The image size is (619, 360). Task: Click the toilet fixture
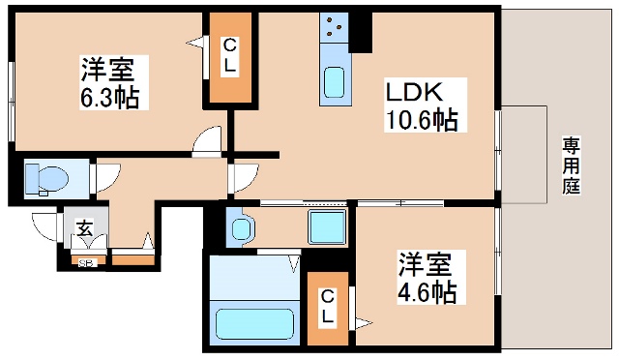point(48,178)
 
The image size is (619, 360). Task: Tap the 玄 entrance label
point(84,229)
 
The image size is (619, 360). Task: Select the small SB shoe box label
point(85,259)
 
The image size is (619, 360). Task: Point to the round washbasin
point(239,226)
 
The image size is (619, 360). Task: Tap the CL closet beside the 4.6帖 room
point(328,307)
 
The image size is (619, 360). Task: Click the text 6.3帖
point(108,97)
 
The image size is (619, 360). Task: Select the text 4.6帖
point(427,290)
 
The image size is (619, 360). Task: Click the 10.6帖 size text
point(422,121)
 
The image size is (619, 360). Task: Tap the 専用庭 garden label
point(571,166)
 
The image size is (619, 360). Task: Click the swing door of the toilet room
point(104,175)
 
